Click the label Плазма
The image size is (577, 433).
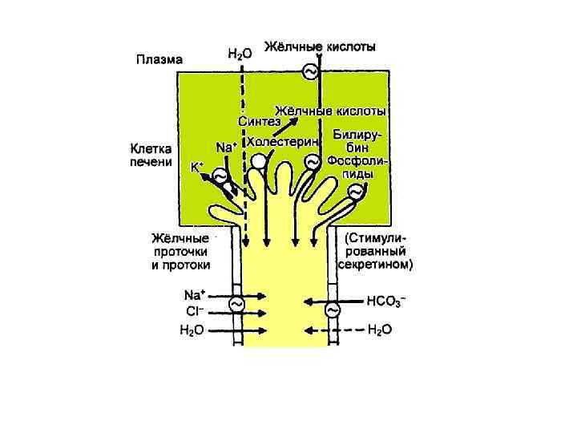[158, 59]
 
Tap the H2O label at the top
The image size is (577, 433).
[239, 54]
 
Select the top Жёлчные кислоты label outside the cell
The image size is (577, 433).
[320, 47]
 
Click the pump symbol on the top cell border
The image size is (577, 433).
[309, 72]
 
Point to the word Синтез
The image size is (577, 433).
[258, 121]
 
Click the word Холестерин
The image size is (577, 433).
[284, 141]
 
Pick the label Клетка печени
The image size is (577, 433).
[151, 155]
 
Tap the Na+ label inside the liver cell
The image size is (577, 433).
[226, 148]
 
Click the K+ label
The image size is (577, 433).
[196, 168]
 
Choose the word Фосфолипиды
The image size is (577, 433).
[357, 168]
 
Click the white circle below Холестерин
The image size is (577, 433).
[258, 162]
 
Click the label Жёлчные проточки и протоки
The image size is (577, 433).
[181, 251]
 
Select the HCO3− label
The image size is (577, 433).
[385, 301]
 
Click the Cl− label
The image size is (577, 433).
[195, 312]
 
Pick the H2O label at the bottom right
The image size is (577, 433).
[379, 330]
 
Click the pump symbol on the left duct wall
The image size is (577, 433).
[236, 305]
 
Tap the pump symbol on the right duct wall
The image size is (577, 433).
[331, 309]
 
